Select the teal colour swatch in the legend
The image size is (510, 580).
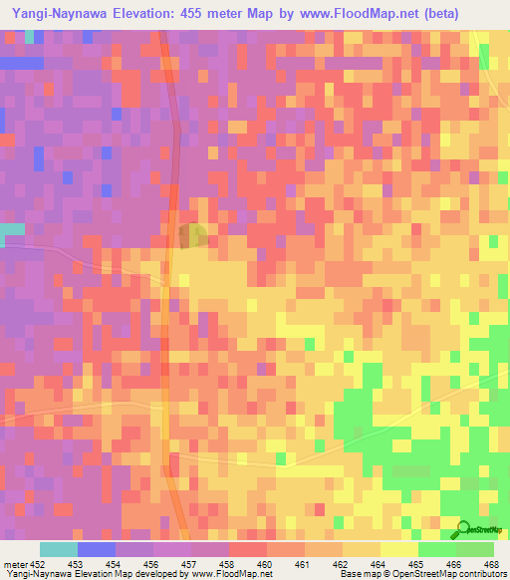pyautogui.click(x=58, y=549)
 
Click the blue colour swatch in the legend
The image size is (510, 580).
pyautogui.click(x=96, y=549)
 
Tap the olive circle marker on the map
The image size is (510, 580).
pyautogui.click(x=193, y=235)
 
